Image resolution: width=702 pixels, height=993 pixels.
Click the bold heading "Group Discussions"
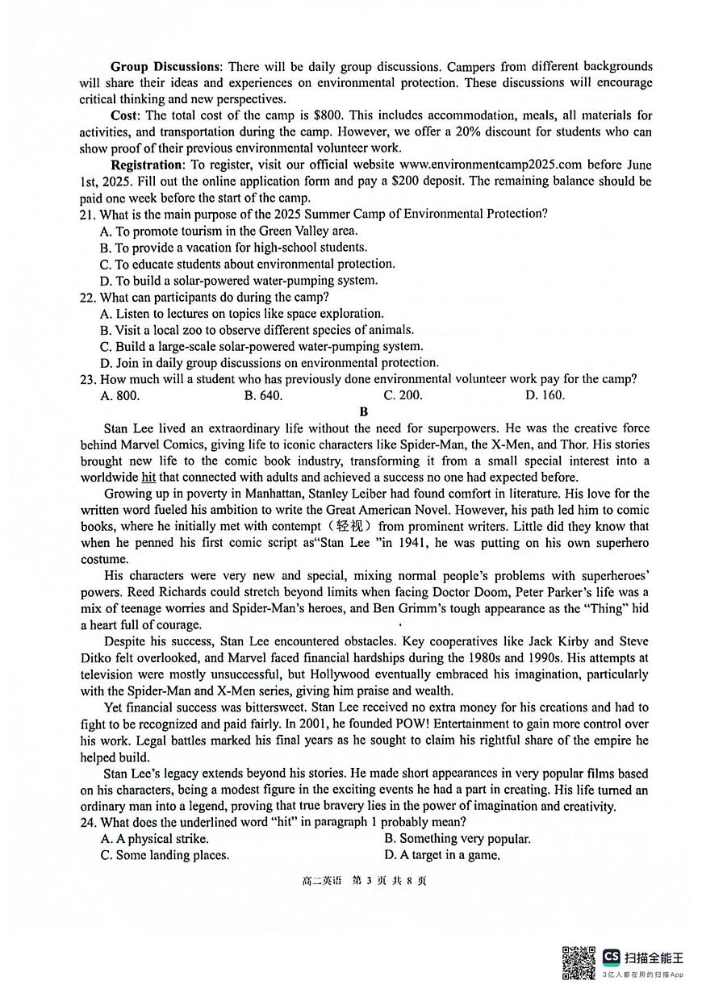[165, 66]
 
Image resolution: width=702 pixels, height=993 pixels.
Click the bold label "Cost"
[125, 115]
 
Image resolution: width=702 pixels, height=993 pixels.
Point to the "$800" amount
[317, 115]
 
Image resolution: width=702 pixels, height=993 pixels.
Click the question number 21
[87, 214]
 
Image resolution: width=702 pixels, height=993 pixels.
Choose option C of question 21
[247, 264]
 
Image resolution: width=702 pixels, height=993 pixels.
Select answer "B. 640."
[263, 395]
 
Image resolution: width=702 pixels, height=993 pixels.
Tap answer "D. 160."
[545, 395]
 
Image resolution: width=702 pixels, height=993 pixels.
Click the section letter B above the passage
[363, 411]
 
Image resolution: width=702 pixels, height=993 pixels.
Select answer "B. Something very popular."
[458, 838]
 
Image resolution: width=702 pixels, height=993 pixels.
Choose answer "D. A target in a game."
[442, 855]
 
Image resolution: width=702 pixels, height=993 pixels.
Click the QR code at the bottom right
[579, 962]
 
